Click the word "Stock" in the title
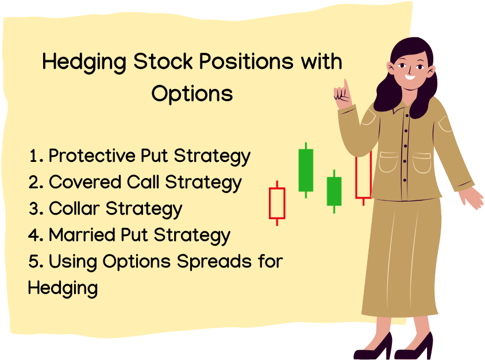(x=163, y=61)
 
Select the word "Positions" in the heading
(x=246, y=61)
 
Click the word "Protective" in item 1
(x=92, y=156)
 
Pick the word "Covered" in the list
(x=84, y=182)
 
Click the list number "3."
(x=36, y=209)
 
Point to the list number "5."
(x=36, y=262)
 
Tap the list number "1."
(x=36, y=156)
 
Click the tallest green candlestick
(x=306, y=171)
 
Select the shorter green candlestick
(x=334, y=191)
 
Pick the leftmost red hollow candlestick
(x=277, y=203)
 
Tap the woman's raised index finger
(x=347, y=87)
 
